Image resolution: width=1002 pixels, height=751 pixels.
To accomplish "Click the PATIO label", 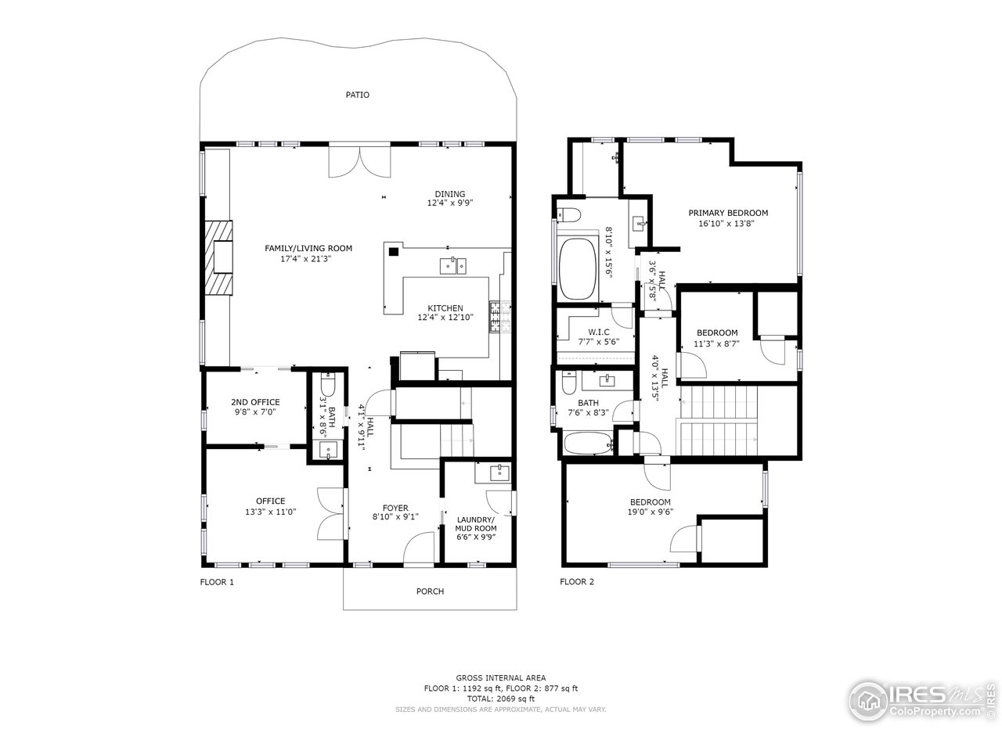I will click(x=358, y=95).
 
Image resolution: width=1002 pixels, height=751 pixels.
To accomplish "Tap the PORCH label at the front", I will click(x=430, y=591).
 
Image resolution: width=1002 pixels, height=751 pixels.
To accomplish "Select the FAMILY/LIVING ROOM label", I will click(x=308, y=248).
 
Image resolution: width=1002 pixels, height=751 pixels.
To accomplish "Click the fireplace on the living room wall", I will click(x=220, y=257).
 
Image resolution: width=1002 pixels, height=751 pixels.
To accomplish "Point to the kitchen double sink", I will click(x=452, y=267).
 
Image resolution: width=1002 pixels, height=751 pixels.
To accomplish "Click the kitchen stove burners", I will click(x=496, y=316).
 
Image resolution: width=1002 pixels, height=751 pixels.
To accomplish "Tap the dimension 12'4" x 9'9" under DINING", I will click(x=450, y=203).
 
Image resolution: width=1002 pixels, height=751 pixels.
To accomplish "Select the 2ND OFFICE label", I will click(x=255, y=402).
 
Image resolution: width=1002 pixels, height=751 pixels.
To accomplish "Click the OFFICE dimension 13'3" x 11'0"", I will click(x=270, y=512).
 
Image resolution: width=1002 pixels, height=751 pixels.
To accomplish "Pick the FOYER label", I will click(x=395, y=508).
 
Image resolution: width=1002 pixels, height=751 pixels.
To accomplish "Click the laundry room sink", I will click(x=497, y=473).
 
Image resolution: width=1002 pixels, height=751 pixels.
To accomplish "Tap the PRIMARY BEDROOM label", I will click(x=728, y=213).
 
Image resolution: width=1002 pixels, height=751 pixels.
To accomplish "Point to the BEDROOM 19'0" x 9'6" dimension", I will click(x=650, y=512).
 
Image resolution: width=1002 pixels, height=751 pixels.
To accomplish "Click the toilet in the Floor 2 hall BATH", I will click(x=570, y=383).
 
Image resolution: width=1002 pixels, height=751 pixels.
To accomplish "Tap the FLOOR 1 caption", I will click(x=217, y=582).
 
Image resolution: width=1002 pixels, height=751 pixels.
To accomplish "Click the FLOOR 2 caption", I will click(x=577, y=582).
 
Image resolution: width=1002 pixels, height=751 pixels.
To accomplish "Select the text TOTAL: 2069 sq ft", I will click(x=501, y=699).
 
